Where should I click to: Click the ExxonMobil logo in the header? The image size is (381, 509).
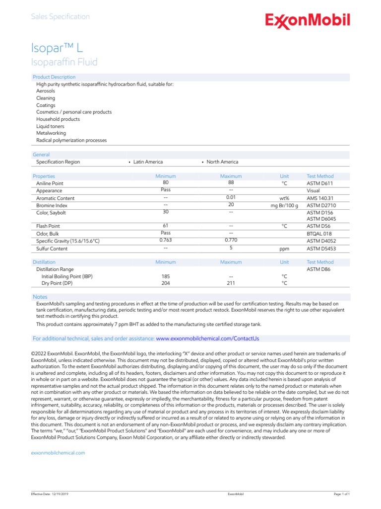(308, 21)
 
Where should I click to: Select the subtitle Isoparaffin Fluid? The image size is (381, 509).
(64, 62)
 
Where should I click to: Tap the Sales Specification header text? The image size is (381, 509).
(60, 17)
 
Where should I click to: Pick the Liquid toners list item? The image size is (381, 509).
(50, 126)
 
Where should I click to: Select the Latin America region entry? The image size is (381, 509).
(148, 162)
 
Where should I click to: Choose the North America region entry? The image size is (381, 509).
(222, 162)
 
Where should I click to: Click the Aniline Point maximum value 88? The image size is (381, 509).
(231, 183)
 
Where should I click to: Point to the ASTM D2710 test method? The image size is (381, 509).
(320, 205)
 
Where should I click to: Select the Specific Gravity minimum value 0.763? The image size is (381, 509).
(165, 240)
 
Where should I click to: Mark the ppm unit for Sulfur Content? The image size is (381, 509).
(284, 249)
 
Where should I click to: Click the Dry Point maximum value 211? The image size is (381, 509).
(231, 283)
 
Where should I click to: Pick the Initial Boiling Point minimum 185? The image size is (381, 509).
(165, 276)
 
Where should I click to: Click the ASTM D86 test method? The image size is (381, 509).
(318, 269)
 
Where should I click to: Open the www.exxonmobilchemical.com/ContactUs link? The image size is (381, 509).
(207, 339)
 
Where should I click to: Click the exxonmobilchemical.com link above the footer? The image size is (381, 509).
(58, 453)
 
